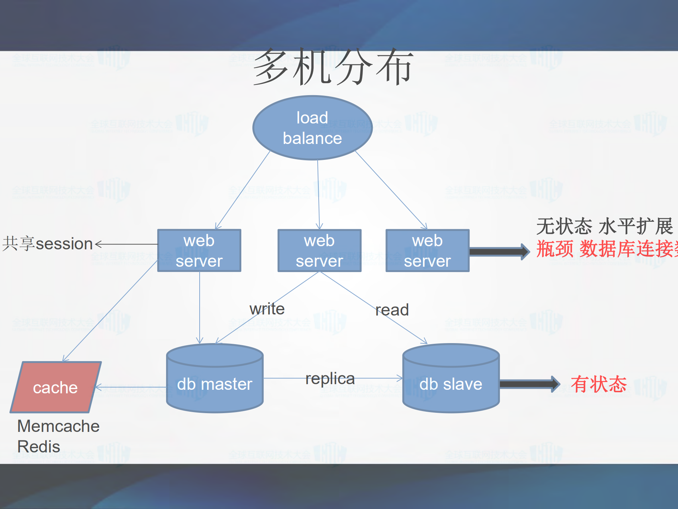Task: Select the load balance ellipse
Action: click(x=312, y=128)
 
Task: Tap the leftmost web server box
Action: click(x=199, y=251)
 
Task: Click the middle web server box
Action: click(x=319, y=251)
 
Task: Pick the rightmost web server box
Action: click(x=428, y=251)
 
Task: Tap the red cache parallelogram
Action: click(x=55, y=388)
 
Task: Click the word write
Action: click(x=267, y=309)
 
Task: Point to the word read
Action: click(x=392, y=310)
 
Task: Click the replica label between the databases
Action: click(x=330, y=378)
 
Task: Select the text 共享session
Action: click(x=47, y=244)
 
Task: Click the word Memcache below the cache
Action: click(x=58, y=426)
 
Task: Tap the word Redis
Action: click(x=39, y=446)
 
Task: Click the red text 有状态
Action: click(x=599, y=384)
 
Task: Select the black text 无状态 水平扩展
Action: click(x=604, y=226)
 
